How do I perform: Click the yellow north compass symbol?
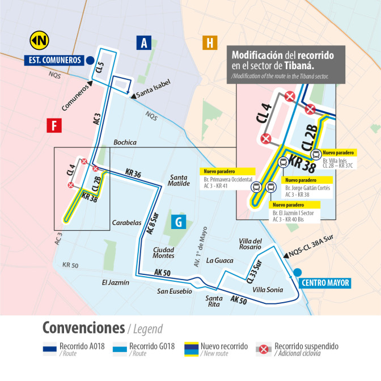pyautogui.click(x=39, y=40)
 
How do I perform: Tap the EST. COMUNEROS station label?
pyautogui.click(x=53, y=60)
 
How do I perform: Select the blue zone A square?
pyautogui.click(x=145, y=43)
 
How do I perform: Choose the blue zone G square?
pyautogui.click(x=178, y=222)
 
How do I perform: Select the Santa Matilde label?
pyautogui.click(x=179, y=180)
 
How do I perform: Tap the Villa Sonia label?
pyautogui.click(x=268, y=290)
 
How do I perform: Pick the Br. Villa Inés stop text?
pyautogui.click(x=337, y=160)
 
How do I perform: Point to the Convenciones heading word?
pyautogui.click(x=83, y=328)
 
